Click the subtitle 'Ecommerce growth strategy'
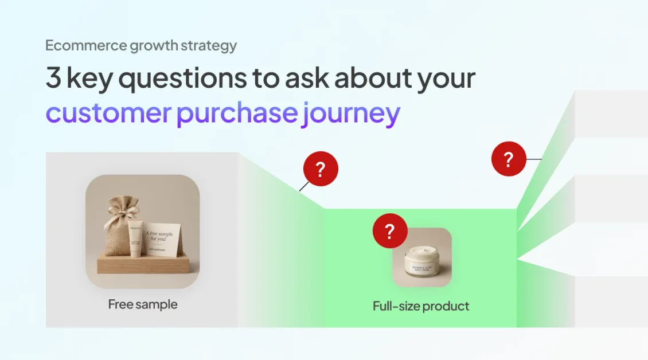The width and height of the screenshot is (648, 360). [140, 46]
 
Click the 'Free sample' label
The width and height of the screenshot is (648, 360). [143, 304]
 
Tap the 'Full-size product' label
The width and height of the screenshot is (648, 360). [421, 306]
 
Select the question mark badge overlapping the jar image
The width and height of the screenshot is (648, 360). [390, 232]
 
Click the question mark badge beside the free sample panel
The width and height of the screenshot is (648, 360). [321, 169]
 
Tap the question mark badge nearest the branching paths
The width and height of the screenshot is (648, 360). [509, 159]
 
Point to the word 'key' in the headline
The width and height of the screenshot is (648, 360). [90, 79]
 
